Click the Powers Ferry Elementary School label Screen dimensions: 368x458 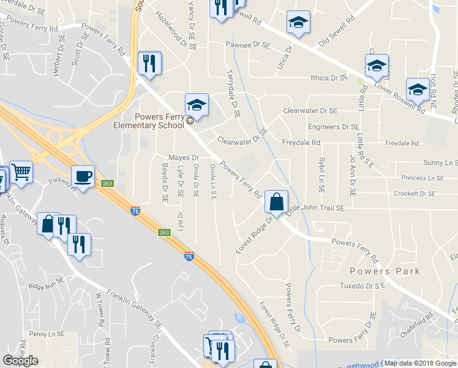coord(149,121)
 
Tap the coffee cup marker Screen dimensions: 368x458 coord(83,177)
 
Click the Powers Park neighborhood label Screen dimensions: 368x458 coord(385,271)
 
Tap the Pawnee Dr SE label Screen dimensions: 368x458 coord(248,45)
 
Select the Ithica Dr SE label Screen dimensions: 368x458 coord(329,78)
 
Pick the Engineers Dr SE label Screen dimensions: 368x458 coord(333,127)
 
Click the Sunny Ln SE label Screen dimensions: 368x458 coord(441,163)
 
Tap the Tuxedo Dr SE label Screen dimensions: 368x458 coord(362,286)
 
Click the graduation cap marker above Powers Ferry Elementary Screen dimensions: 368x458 coord(197,105)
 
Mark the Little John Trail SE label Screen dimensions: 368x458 coord(317,209)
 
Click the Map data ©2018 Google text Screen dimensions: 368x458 coord(420,363)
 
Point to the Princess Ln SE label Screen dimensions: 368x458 coord(422,178)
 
